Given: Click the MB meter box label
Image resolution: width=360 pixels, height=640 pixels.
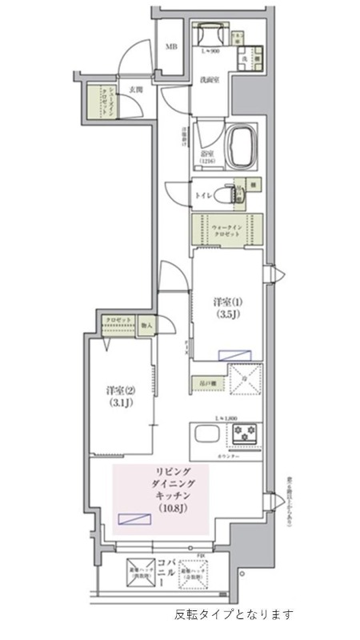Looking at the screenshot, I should click(x=170, y=46).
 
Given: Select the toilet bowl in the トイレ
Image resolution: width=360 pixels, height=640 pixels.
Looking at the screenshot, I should click(x=232, y=194).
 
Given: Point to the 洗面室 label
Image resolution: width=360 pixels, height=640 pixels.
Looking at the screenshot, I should click(x=210, y=81).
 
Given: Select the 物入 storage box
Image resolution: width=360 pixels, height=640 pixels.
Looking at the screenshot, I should click(x=146, y=326).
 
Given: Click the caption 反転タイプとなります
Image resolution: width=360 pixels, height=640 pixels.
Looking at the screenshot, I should click(x=234, y=615).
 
